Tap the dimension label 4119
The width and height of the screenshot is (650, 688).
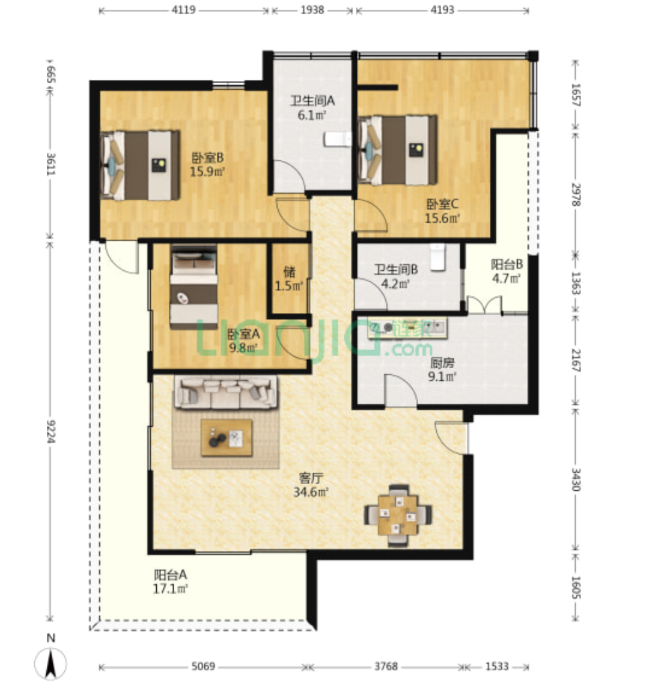pos(184,9)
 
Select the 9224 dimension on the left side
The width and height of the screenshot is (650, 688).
pos(50,431)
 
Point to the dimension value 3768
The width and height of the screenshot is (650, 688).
pos(386,666)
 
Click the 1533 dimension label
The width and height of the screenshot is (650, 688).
pos(497,666)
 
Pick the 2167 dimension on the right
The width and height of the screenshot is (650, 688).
pos(576,360)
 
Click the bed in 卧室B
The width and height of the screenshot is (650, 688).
pos(140,165)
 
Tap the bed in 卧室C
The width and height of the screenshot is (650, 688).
pos(398,150)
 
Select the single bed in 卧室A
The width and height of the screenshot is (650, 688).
pos(194,287)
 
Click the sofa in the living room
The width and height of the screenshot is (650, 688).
pos(226,392)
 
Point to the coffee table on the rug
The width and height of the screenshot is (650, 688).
pos(226,437)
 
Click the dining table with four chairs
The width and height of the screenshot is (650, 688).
pos(398,515)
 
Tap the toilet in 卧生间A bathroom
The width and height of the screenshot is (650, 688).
pos(338,139)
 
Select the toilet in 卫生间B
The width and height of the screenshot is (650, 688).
pos(438,257)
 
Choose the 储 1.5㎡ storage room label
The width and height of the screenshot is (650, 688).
pos(289,278)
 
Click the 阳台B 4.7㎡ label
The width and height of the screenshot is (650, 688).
pos(507,271)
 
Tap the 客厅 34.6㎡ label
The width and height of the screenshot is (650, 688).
pos(311,484)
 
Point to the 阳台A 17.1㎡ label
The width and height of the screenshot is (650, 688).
pos(171,581)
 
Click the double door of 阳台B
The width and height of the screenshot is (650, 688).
pos(484,304)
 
